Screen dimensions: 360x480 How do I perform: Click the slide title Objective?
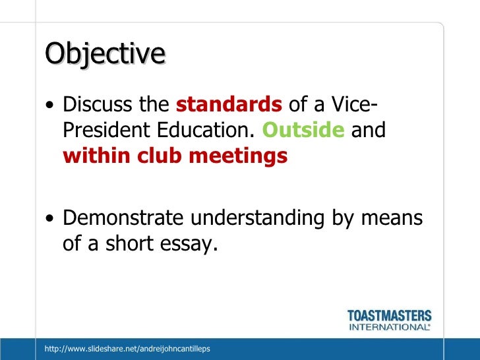click(x=104, y=54)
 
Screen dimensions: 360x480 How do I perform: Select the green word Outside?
click(x=303, y=131)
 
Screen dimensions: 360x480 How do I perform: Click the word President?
click(x=105, y=131)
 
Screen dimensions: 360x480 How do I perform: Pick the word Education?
click(x=205, y=131)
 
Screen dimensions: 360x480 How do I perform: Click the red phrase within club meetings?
click(x=175, y=156)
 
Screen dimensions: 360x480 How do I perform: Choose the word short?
click(x=131, y=244)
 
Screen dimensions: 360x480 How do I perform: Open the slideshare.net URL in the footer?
click(x=127, y=348)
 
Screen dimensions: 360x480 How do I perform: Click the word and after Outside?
click(x=369, y=131)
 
